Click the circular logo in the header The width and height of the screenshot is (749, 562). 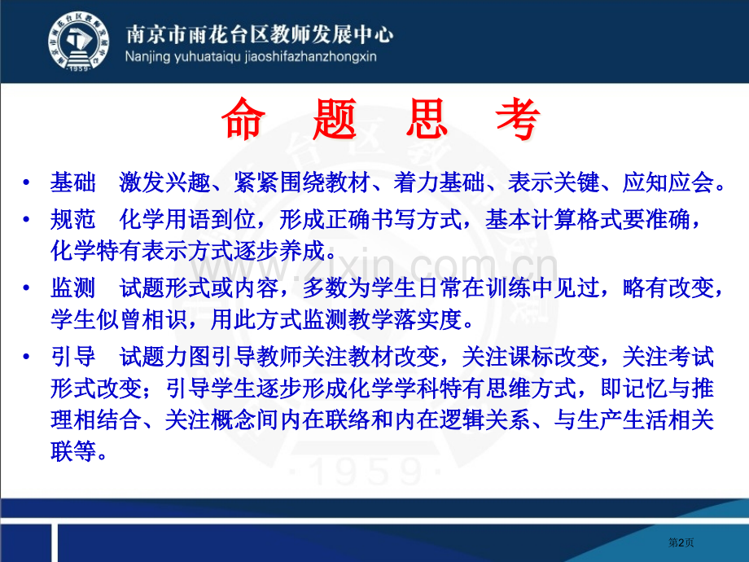tap(79, 42)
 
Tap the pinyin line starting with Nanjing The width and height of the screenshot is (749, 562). tap(251, 57)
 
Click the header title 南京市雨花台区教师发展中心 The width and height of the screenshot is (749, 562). tap(260, 33)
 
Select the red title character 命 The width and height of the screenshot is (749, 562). tap(243, 119)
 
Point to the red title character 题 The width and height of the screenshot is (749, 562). tap(335, 119)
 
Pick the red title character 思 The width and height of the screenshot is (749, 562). tap(427, 119)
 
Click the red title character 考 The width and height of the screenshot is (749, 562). tap(519, 119)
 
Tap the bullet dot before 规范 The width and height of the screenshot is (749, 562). tap(27, 219)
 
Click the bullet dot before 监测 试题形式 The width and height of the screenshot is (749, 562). tap(27, 288)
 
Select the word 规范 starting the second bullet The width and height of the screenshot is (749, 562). tap(73, 219)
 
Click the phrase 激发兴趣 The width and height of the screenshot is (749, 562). tap(164, 182)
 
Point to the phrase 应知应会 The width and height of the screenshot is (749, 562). tap(668, 182)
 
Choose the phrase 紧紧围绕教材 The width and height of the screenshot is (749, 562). tap(302, 182)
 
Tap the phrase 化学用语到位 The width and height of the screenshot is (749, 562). tap(188, 219)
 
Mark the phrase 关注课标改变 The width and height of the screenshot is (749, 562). tap(531, 357)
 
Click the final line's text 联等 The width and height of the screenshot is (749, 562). tap(73, 451)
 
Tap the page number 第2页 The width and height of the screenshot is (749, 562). tap(681, 542)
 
